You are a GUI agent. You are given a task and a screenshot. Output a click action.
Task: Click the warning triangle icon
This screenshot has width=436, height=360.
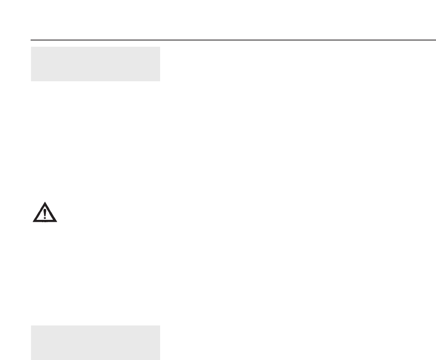pyautogui.click(x=44, y=213)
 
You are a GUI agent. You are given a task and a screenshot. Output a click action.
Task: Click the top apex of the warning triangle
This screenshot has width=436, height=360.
pyautogui.click(x=44, y=203)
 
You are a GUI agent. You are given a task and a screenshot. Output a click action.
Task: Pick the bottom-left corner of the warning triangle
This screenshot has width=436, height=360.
pyautogui.click(x=33, y=222)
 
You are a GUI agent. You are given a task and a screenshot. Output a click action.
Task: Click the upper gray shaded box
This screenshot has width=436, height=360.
pyautogui.click(x=95, y=64)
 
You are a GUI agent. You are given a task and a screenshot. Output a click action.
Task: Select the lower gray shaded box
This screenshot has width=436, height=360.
pyautogui.click(x=95, y=342)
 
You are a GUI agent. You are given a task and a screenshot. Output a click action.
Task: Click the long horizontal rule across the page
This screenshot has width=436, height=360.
pyautogui.click(x=233, y=40)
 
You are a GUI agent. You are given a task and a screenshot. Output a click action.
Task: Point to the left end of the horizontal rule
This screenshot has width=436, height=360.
pyautogui.click(x=31, y=40)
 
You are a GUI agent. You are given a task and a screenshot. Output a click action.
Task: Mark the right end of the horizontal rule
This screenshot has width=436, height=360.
pyautogui.click(x=435, y=40)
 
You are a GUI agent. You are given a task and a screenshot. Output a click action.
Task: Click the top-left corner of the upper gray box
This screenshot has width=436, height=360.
pyautogui.click(x=31, y=47)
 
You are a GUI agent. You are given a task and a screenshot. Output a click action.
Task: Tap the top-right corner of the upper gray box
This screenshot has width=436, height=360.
pyautogui.click(x=160, y=47)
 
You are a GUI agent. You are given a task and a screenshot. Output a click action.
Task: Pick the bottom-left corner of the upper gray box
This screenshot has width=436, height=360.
pyautogui.click(x=31, y=81)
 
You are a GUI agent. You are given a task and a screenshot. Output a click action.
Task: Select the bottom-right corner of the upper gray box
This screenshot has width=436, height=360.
pyautogui.click(x=160, y=81)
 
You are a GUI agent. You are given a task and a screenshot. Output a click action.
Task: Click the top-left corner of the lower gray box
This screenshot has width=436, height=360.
pyautogui.click(x=31, y=325)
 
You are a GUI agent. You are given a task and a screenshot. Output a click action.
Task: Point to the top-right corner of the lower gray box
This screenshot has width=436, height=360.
pyautogui.click(x=160, y=325)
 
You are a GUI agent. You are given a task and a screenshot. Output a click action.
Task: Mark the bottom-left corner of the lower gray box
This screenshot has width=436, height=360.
pyautogui.click(x=31, y=359)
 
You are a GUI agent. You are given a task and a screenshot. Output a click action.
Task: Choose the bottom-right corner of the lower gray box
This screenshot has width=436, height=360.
pyautogui.click(x=160, y=359)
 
